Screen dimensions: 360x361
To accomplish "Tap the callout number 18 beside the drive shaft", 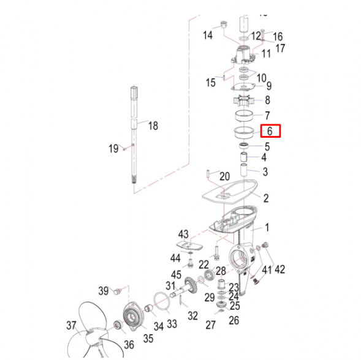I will [x=153, y=126].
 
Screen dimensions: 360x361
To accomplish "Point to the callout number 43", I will [x=183, y=234].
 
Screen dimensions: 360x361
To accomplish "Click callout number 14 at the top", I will [x=208, y=36].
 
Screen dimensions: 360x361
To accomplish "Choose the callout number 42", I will [x=279, y=269].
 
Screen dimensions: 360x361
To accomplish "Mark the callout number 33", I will [x=172, y=323].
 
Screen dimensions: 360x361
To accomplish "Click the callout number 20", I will [x=224, y=176].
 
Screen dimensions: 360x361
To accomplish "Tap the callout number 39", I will [x=104, y=290].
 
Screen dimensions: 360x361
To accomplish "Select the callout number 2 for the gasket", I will [x=265, y=198].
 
